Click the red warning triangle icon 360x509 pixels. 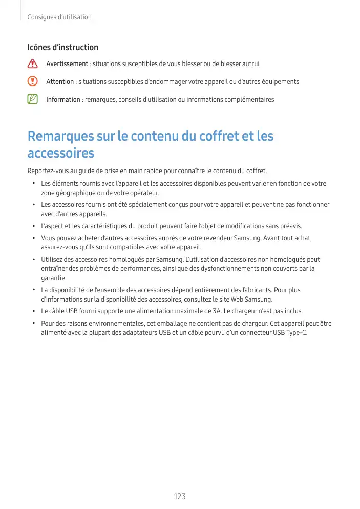coord(33,64)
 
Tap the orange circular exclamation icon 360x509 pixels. coord(33,81)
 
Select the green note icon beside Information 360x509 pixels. coord(33,99)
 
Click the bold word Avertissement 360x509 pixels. coord(67,64)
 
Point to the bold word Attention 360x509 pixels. coord(60,82)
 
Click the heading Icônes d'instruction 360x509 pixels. coord(62,47)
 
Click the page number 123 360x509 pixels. coord(180,496)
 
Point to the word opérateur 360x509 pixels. coord(144,193)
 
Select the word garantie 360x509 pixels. coord(53,278)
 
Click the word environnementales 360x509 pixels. coord(116,324)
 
